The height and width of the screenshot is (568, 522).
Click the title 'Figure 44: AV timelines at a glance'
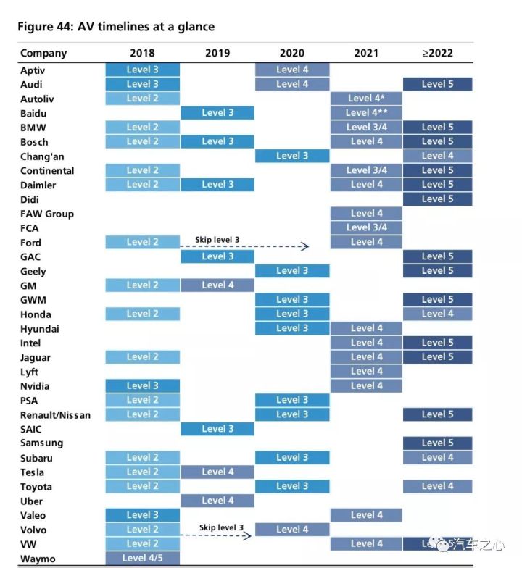(116, 26)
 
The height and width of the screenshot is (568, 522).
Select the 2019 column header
(217, 53)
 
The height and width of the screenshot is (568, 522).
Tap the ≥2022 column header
(438, 53)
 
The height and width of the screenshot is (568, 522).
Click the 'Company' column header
(43, 54)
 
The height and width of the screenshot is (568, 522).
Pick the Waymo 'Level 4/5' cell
(142, 558)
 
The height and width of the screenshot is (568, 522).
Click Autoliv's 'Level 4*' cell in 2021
(366, 99)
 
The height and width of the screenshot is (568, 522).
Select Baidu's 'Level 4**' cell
(366, 113)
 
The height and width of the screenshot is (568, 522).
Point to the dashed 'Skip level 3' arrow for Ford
(244, 246)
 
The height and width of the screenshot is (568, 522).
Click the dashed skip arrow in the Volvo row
(216, 535)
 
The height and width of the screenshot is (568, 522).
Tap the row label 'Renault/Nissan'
(55, 414)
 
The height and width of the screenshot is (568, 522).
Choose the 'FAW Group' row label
(47, 214)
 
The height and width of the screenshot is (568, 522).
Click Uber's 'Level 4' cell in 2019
(217, 501)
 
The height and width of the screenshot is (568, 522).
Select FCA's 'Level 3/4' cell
(366, 227)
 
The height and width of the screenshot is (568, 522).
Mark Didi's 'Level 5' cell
(438, 199)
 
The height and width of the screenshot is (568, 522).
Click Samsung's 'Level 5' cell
(438, 443)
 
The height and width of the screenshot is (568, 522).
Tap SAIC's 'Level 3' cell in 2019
(217, 429)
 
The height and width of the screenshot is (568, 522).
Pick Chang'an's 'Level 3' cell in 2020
(292, 156)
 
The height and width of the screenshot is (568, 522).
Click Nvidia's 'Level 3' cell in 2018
(142, 385)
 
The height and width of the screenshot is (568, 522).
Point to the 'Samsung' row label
(42, 443)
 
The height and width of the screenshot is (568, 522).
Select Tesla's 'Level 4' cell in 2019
(217, 472)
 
